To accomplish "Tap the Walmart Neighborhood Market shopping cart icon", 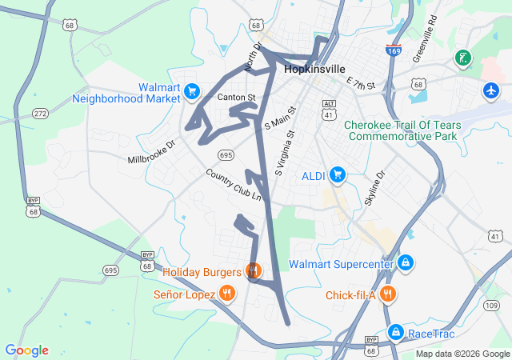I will tap(192, 92).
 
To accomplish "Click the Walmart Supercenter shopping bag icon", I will tap(406, 262).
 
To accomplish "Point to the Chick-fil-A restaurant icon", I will tap(387, 294).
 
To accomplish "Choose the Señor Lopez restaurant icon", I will tap(227, 294).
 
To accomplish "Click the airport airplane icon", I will tap(490, 90).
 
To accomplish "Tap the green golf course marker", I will tap(462, 58).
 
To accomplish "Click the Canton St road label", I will tap(236, 98).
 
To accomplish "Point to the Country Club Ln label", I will tap(234, 184).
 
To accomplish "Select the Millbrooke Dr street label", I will tap(150, 148).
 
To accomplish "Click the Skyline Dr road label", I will tap(374, 188).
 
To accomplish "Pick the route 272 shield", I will tap(40, 114).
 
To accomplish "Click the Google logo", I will tap(26, 350).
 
